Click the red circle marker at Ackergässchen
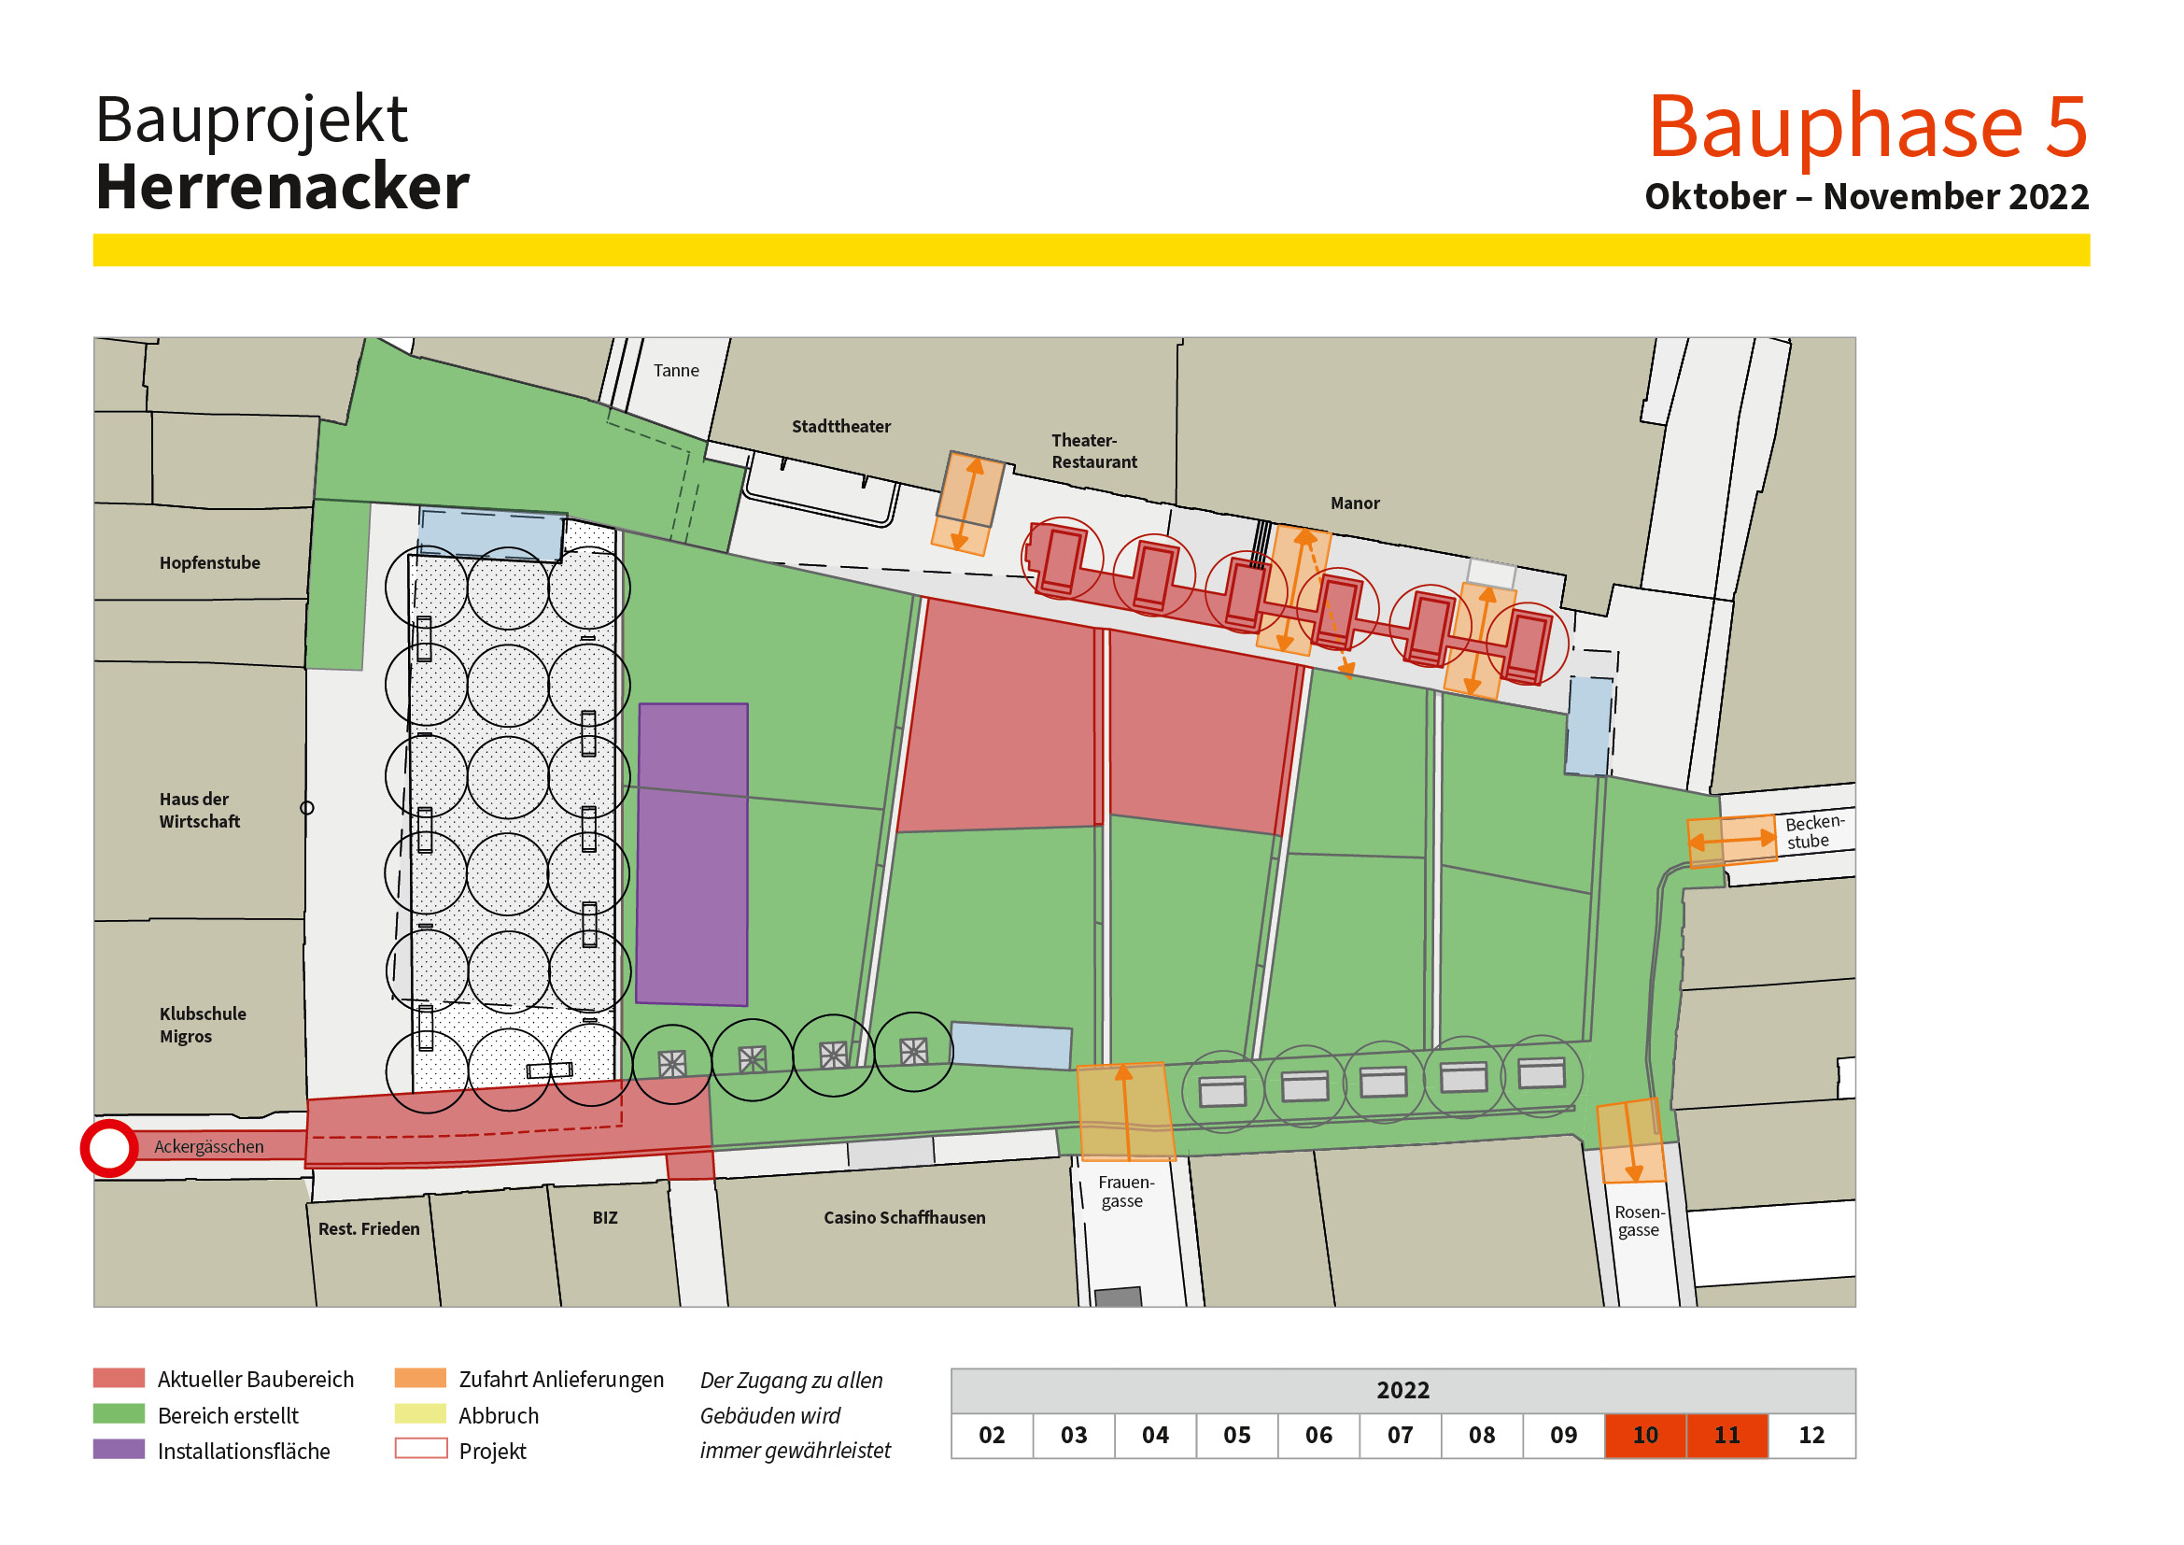pos(109,1148)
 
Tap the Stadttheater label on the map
pos(841,426)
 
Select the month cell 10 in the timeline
pos(1644,1435)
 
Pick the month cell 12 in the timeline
pos(1811,1435)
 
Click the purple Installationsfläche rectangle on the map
pos(693,854)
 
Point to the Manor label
pos(1355,503)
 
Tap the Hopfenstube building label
pos(209,562)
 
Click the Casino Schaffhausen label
pos(904,1217)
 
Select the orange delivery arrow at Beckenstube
pos(1731,840)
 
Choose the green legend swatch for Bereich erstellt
pos(119,1413)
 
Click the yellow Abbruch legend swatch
pos(419,1413)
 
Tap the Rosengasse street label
pos(1638,1221)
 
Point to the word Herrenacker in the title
pos(283,187)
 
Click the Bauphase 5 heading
pos(1867,125)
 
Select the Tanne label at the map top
pos(675,370)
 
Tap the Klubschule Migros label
pos(202,1025)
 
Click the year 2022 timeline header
pos(1402,1390)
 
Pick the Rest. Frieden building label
pos(368,1228)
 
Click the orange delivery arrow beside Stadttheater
pos(967,503)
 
